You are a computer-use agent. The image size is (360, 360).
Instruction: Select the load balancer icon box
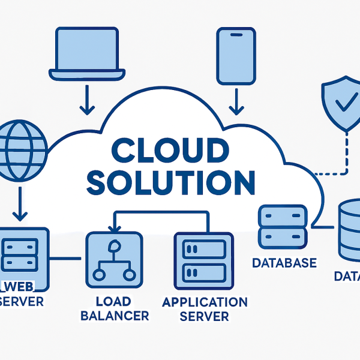pyautogui.click(x=115, y=259)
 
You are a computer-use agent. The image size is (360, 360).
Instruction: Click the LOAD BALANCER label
pyautogui.click(x=114, y=308)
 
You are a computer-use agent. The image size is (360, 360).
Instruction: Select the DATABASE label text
pyautogui.click(x=284, y=263)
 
